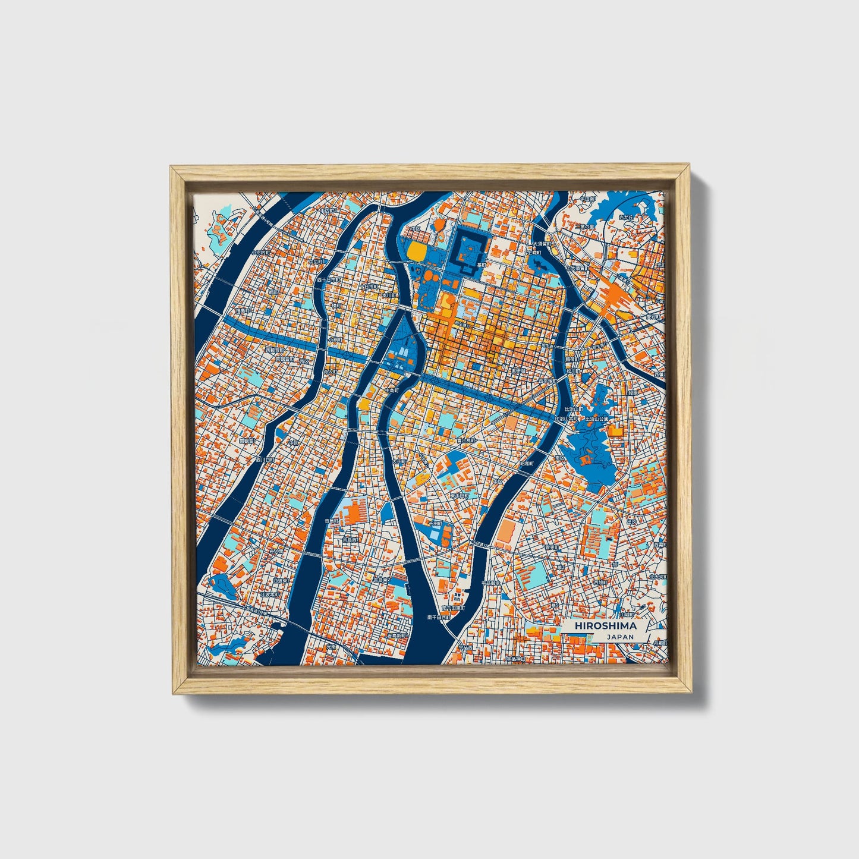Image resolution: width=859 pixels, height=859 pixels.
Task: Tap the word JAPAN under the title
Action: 620,637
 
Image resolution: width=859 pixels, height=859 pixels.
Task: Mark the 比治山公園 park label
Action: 597,419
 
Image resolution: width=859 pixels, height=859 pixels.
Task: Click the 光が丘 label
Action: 627,218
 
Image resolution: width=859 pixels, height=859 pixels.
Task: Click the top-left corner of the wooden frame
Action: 172,168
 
